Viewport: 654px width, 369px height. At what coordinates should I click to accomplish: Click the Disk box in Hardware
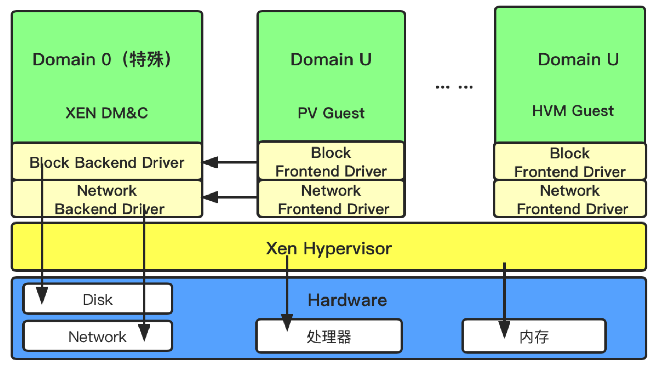tap(98, 299)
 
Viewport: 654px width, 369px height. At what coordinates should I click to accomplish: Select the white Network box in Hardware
tap(98, 337)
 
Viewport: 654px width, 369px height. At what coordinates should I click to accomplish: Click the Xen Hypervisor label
tap(329, 248)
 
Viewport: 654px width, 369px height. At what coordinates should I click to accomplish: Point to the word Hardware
tap(347, 300)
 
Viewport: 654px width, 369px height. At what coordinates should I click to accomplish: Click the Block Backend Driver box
tap(107, 162)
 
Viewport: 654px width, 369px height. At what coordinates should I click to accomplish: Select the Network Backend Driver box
tap(107, 199)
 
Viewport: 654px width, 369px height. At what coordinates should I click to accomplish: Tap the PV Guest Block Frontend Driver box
tap(331, 161)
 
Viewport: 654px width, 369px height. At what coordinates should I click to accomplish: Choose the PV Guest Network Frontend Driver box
tap(331, 199)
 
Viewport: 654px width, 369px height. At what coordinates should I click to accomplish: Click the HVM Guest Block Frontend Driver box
tap(570, 162)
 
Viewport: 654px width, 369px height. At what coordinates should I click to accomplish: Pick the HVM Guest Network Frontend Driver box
tap(570, 199)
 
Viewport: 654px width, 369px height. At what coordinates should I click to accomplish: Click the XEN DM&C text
tap(107, 113)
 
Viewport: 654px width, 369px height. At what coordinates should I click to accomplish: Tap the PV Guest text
tap(331, 113)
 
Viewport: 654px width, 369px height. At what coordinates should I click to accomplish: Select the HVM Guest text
tap(573, 111)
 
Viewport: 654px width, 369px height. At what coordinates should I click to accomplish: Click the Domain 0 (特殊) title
tap(102, 59)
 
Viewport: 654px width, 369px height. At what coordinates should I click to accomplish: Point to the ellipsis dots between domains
tap(454, 87)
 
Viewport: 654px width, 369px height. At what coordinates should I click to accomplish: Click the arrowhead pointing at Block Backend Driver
tap(211, 162)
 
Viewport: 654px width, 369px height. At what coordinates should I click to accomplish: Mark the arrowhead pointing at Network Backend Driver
tap(211, 197)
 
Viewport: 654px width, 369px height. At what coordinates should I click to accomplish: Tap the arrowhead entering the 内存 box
tap(504, 329)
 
